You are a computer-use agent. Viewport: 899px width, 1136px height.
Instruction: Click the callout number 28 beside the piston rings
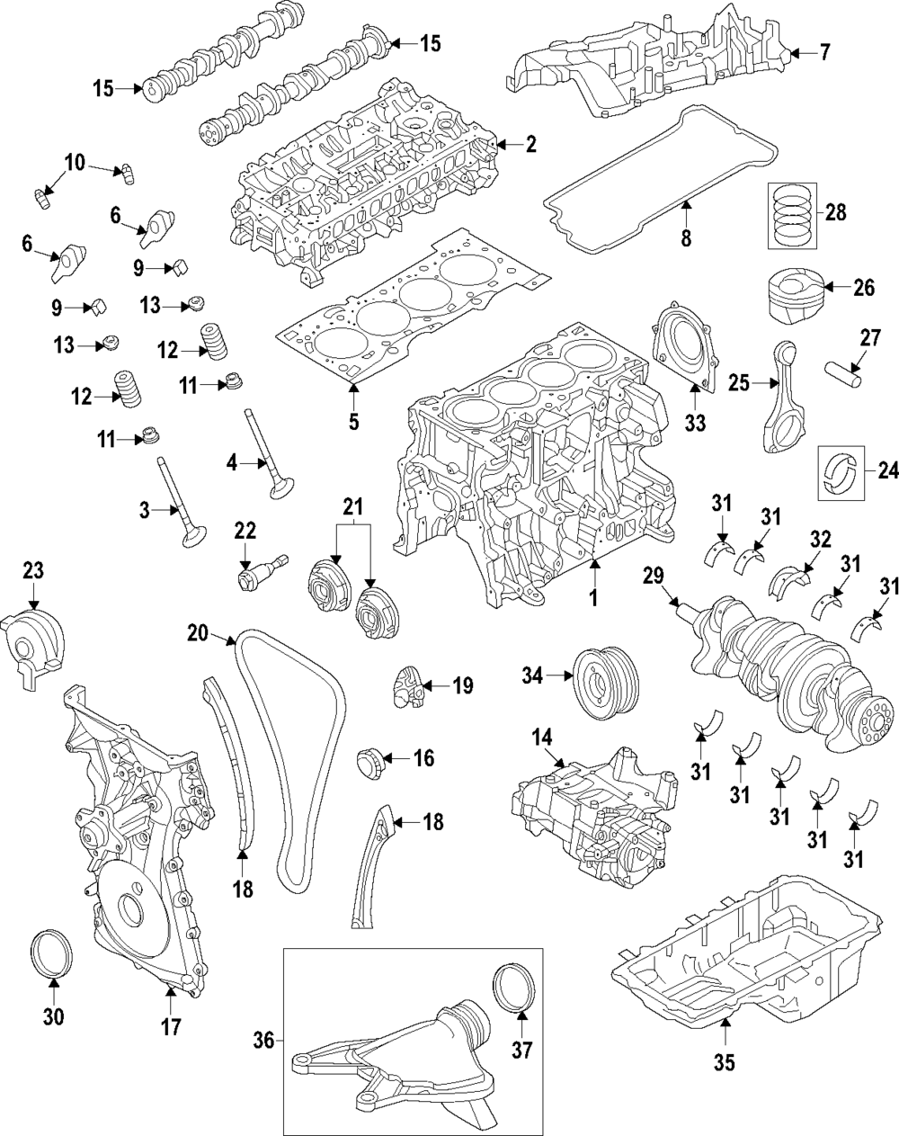(x=835, y=213)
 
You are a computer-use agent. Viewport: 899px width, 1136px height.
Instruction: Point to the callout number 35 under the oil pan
(x=724, y=1062)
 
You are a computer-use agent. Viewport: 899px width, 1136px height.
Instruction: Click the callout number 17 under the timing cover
(x=171, y=1025)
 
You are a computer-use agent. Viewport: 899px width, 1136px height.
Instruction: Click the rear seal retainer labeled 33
(x=686, y=345)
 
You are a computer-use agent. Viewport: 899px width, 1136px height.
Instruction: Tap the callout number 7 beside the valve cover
(x=824, y=53)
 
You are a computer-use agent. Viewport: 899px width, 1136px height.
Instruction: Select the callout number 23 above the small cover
(x=32, y=570)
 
